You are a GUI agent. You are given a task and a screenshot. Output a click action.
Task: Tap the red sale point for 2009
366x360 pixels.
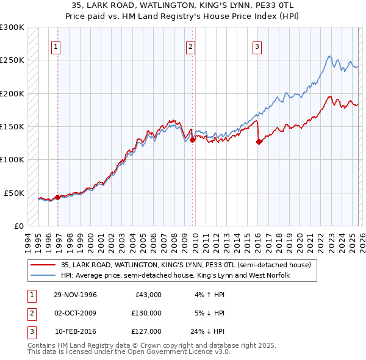point(192,140)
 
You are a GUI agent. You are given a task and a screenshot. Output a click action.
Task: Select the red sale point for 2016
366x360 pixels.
point(259,142)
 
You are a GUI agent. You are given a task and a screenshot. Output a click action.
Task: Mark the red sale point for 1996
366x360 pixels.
point(57,197)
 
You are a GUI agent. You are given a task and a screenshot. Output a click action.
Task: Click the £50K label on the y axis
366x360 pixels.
point(14,193)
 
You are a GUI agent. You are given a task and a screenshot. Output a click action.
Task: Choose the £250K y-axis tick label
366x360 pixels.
point(12,60)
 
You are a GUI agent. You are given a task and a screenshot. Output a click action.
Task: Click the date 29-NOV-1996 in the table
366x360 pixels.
point(76,294)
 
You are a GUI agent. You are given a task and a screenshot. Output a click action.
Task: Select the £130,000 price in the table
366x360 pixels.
point(146,312)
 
